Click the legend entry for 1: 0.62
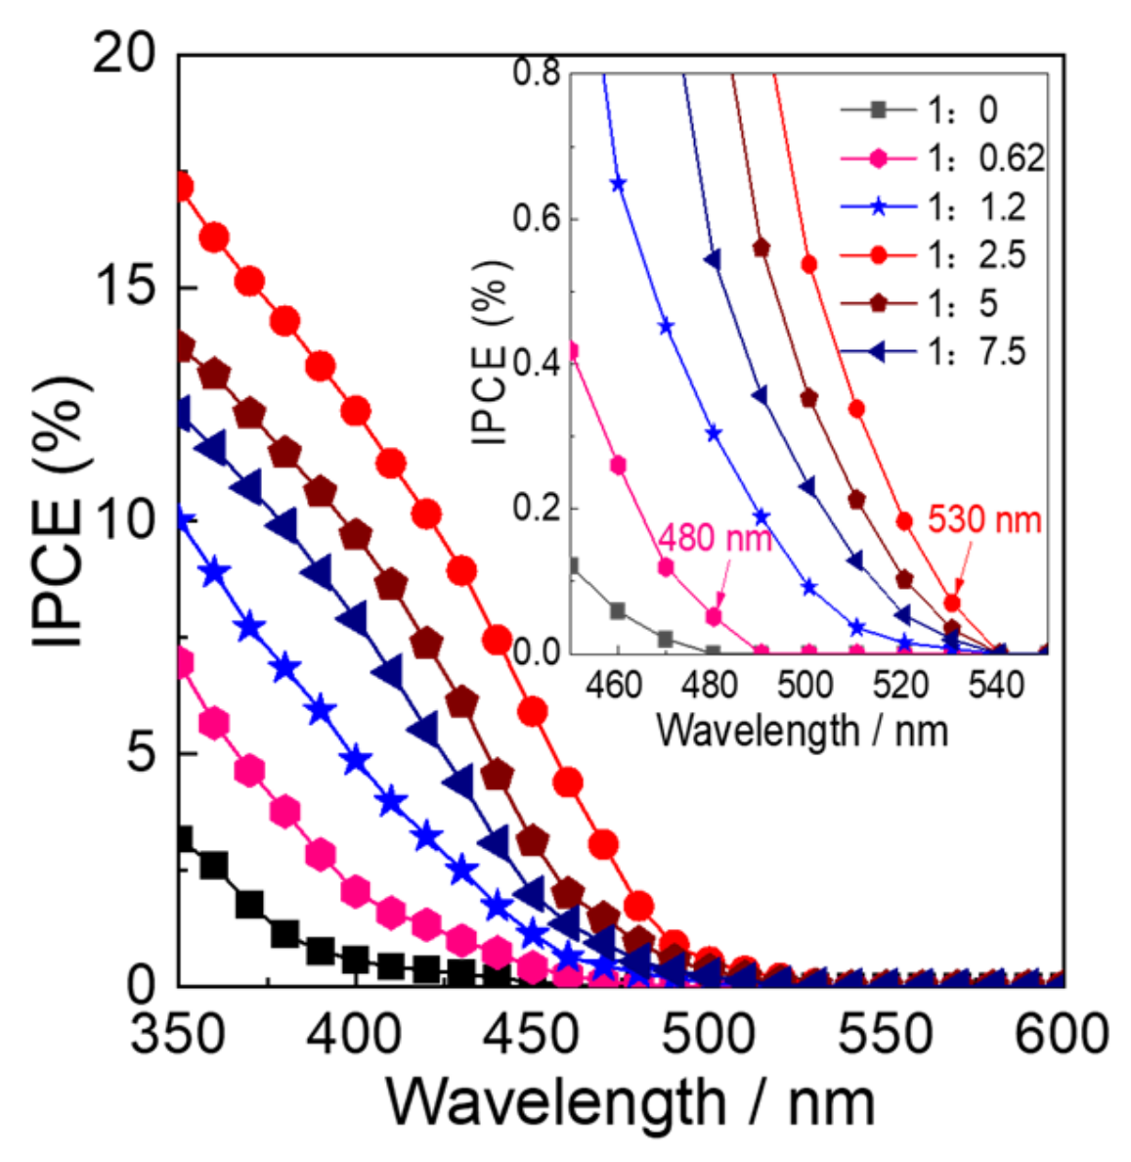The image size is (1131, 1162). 942,157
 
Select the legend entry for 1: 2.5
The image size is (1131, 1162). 942,254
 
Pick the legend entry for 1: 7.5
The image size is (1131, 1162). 942,351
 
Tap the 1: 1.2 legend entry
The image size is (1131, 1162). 942,206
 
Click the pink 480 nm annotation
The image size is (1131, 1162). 715,537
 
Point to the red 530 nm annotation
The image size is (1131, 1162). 983,519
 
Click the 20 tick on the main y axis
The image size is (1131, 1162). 124,54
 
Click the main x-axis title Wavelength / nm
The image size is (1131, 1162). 630,1103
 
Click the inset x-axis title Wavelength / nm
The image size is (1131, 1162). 802,730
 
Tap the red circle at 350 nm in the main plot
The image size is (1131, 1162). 181,186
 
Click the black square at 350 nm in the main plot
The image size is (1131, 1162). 181,840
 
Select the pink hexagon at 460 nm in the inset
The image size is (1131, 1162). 618,465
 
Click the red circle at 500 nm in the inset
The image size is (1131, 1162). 808,264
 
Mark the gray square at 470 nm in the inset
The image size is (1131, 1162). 665,640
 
